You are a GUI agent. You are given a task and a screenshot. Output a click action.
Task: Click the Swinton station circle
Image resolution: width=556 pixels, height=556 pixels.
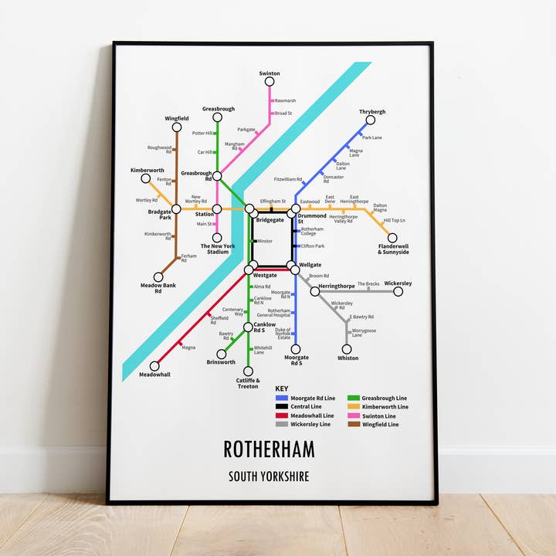click(270, 81)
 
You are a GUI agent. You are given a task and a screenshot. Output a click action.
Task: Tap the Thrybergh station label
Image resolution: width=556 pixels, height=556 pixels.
click(372, 112)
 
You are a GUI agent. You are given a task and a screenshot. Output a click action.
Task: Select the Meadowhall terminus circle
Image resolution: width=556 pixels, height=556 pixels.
click(154, 366)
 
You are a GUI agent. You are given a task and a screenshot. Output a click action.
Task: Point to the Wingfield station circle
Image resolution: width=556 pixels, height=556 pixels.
click(177, 127)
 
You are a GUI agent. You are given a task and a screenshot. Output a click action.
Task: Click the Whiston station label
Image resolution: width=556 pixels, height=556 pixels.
click(347, 358)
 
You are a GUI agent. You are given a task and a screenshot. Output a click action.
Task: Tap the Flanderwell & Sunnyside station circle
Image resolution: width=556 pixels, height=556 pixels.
click(392, 238)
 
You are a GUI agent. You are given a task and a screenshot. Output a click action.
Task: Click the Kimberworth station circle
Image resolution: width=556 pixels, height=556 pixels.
click(145, 178)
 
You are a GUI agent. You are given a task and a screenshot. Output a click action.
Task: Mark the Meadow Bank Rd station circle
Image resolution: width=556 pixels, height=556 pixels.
click(158, 276)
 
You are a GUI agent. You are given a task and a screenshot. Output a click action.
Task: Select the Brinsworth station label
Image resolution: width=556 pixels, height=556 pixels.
click(221, 362)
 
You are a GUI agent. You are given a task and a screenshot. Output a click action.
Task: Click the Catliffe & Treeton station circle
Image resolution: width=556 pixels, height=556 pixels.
click(248, 371)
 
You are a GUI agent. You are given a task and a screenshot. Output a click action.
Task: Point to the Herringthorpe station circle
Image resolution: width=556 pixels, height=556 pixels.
click(315, 291)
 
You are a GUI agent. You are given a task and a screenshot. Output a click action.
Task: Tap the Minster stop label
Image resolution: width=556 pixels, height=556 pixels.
click(265, 242)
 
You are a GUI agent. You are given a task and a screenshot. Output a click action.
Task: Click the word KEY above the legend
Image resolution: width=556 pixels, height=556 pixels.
click(283, 389)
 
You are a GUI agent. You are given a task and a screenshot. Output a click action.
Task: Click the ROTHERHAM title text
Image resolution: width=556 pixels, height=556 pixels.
click(270, 449)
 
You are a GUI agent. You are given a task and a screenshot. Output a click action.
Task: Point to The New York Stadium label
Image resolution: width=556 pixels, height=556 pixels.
click(215, 249)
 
